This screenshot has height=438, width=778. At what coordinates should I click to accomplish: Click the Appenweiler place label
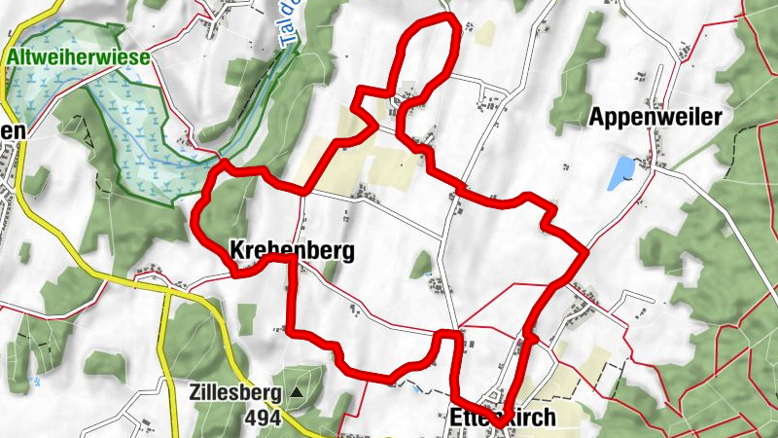click(x=655, y=118)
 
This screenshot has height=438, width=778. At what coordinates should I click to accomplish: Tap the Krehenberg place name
click(x=291, y=250)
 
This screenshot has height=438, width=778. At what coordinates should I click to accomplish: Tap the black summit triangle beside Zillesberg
click(x=296, y=394)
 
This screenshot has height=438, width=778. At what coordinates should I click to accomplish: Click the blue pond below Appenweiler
click(x=619, y=174)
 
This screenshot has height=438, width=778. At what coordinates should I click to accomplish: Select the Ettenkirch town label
click(x=504, y=418)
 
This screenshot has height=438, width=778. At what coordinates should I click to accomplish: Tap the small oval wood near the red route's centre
click(x=420, y=263)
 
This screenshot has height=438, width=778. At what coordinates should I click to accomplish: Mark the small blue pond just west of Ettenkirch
click(x=417, y=388)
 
